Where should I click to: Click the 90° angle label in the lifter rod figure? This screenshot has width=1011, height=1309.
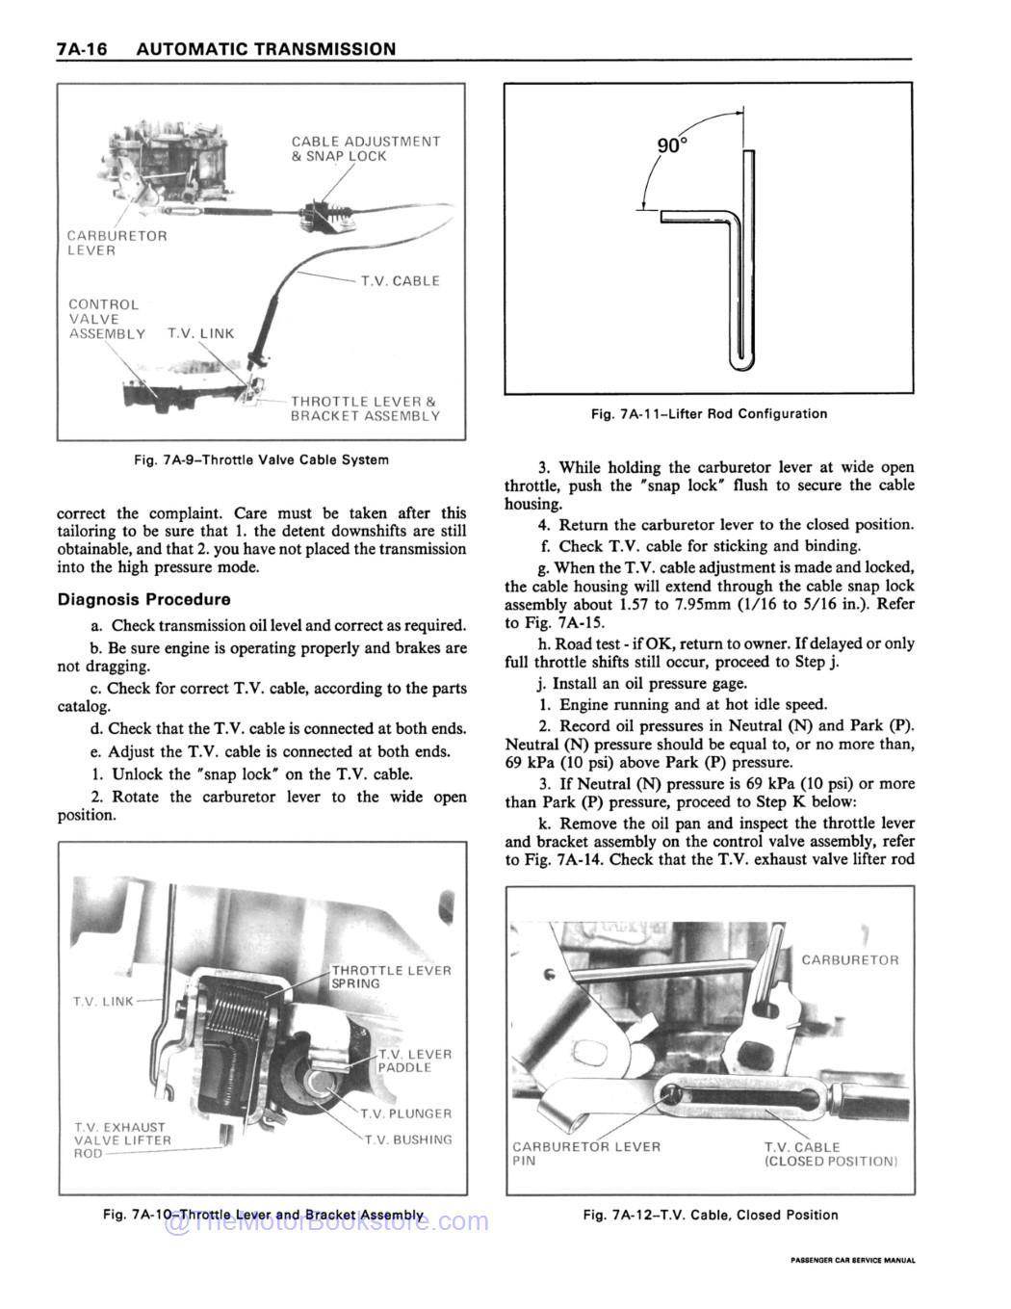673,145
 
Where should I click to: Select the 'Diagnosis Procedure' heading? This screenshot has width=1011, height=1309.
143,599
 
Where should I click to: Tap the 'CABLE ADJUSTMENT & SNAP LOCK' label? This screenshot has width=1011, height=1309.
365,148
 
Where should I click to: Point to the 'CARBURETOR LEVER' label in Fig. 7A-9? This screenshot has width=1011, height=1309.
117,243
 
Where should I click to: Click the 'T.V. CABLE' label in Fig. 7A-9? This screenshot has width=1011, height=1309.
400,281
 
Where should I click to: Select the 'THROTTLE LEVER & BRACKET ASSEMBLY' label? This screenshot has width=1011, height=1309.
365,408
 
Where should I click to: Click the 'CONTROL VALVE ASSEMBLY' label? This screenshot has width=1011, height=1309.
106,319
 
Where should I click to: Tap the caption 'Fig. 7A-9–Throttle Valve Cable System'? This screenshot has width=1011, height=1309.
261,459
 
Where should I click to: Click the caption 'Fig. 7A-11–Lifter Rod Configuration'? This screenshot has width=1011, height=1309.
709,413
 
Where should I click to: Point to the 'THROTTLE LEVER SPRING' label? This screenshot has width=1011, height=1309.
390,977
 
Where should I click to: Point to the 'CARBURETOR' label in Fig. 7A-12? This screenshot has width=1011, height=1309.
849,959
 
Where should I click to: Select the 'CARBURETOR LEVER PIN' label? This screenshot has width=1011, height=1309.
585,1154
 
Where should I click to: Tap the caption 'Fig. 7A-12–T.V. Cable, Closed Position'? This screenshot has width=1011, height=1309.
710,1215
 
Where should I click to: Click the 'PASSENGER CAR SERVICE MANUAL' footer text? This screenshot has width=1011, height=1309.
852,1260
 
